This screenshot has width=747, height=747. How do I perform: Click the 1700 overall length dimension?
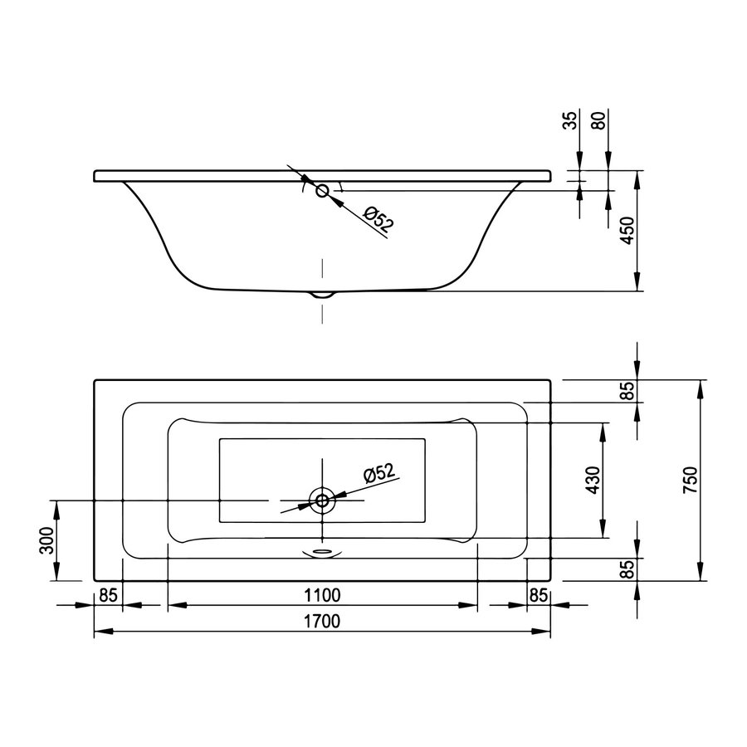[321, 621]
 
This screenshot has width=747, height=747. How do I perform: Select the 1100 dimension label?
[322, 593]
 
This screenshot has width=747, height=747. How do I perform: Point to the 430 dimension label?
[592, 480]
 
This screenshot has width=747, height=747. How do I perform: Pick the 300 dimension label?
[46, 540]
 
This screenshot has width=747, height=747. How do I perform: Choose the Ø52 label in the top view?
[378, 473]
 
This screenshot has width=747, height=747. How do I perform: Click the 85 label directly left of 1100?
[107, 593]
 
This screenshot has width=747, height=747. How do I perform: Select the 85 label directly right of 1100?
[539, 593]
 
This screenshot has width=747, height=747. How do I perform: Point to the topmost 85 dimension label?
[628, 390]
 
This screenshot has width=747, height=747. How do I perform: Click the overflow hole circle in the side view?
[322, 191]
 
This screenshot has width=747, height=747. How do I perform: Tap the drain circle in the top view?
[321, 500]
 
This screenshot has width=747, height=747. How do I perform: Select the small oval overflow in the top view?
[321, 549]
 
